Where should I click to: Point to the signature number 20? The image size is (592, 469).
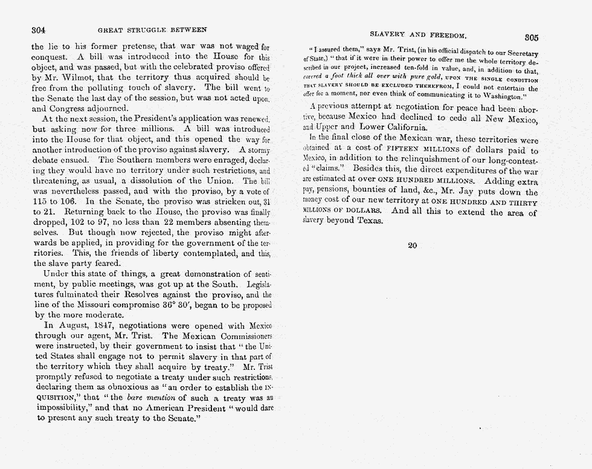click(x=412, y=246)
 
